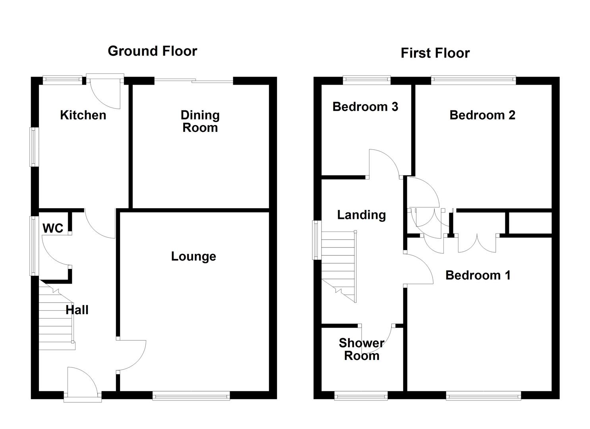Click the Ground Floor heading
click(152, 51)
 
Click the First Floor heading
click(435, 53)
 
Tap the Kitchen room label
click(83, 115)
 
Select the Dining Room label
click(200, 121)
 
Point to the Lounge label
click(193, 256)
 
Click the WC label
click(53, 228)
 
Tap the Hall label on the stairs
click(77, 310)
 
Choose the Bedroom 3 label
click(365, 106)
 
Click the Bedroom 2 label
click(482, 115)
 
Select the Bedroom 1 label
click(478, 275)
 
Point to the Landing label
click(361, 215)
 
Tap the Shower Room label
click(361, 349)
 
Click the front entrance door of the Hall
click(82, 383)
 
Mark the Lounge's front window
click(191, 395)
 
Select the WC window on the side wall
click(34, 245)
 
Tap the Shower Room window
click(361, 395)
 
